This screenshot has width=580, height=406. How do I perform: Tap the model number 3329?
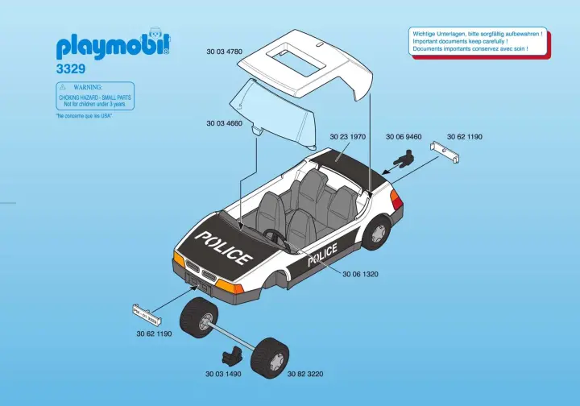[x=71, y=70]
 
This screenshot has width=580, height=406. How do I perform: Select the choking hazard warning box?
[x=95, y=96]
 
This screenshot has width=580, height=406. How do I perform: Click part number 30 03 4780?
[x=224, y=52]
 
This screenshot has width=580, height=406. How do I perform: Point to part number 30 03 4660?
[x=224, y=123]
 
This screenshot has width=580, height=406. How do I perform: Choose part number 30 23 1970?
[x=348, y=137]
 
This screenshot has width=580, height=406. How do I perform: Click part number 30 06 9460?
[x=404, y=137]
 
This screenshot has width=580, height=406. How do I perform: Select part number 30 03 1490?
[x=224, y=374]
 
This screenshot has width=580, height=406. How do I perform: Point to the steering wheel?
[x=277, y=235]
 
